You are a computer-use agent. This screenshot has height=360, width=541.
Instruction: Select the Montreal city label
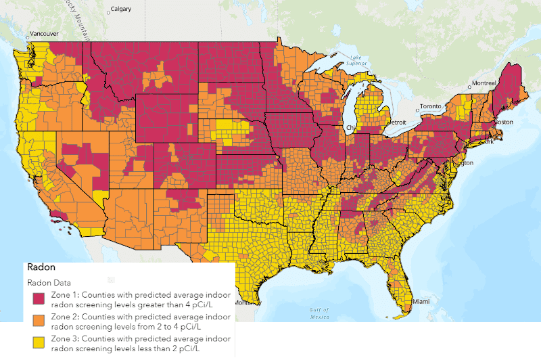pyautogui.click(x=485, y=83)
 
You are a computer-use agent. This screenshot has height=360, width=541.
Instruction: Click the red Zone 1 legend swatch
pyautogui.click(x=39, y=298)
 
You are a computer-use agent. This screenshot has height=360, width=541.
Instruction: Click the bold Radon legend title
pyautogui.click(x=40, y=267)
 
